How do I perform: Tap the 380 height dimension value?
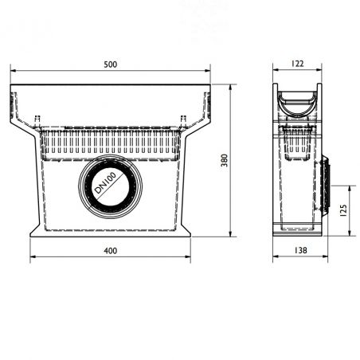[225, 160]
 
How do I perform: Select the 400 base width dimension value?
[110, 251]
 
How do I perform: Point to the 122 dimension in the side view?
[297, 65]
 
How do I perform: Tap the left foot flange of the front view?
[36, 233]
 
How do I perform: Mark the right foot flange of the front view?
[185, 233]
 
